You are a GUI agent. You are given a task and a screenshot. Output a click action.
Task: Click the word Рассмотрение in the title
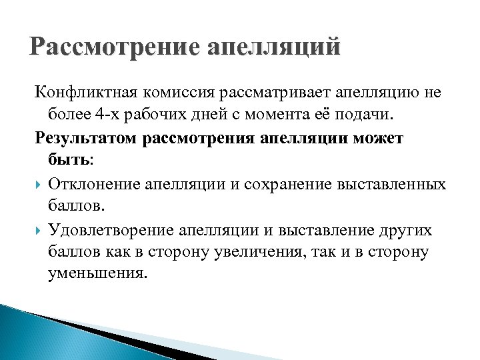tap(115, 48)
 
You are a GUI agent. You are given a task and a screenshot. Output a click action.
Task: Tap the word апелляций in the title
tap(274, 48)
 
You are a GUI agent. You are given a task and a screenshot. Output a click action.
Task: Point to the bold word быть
tap(69, 160)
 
